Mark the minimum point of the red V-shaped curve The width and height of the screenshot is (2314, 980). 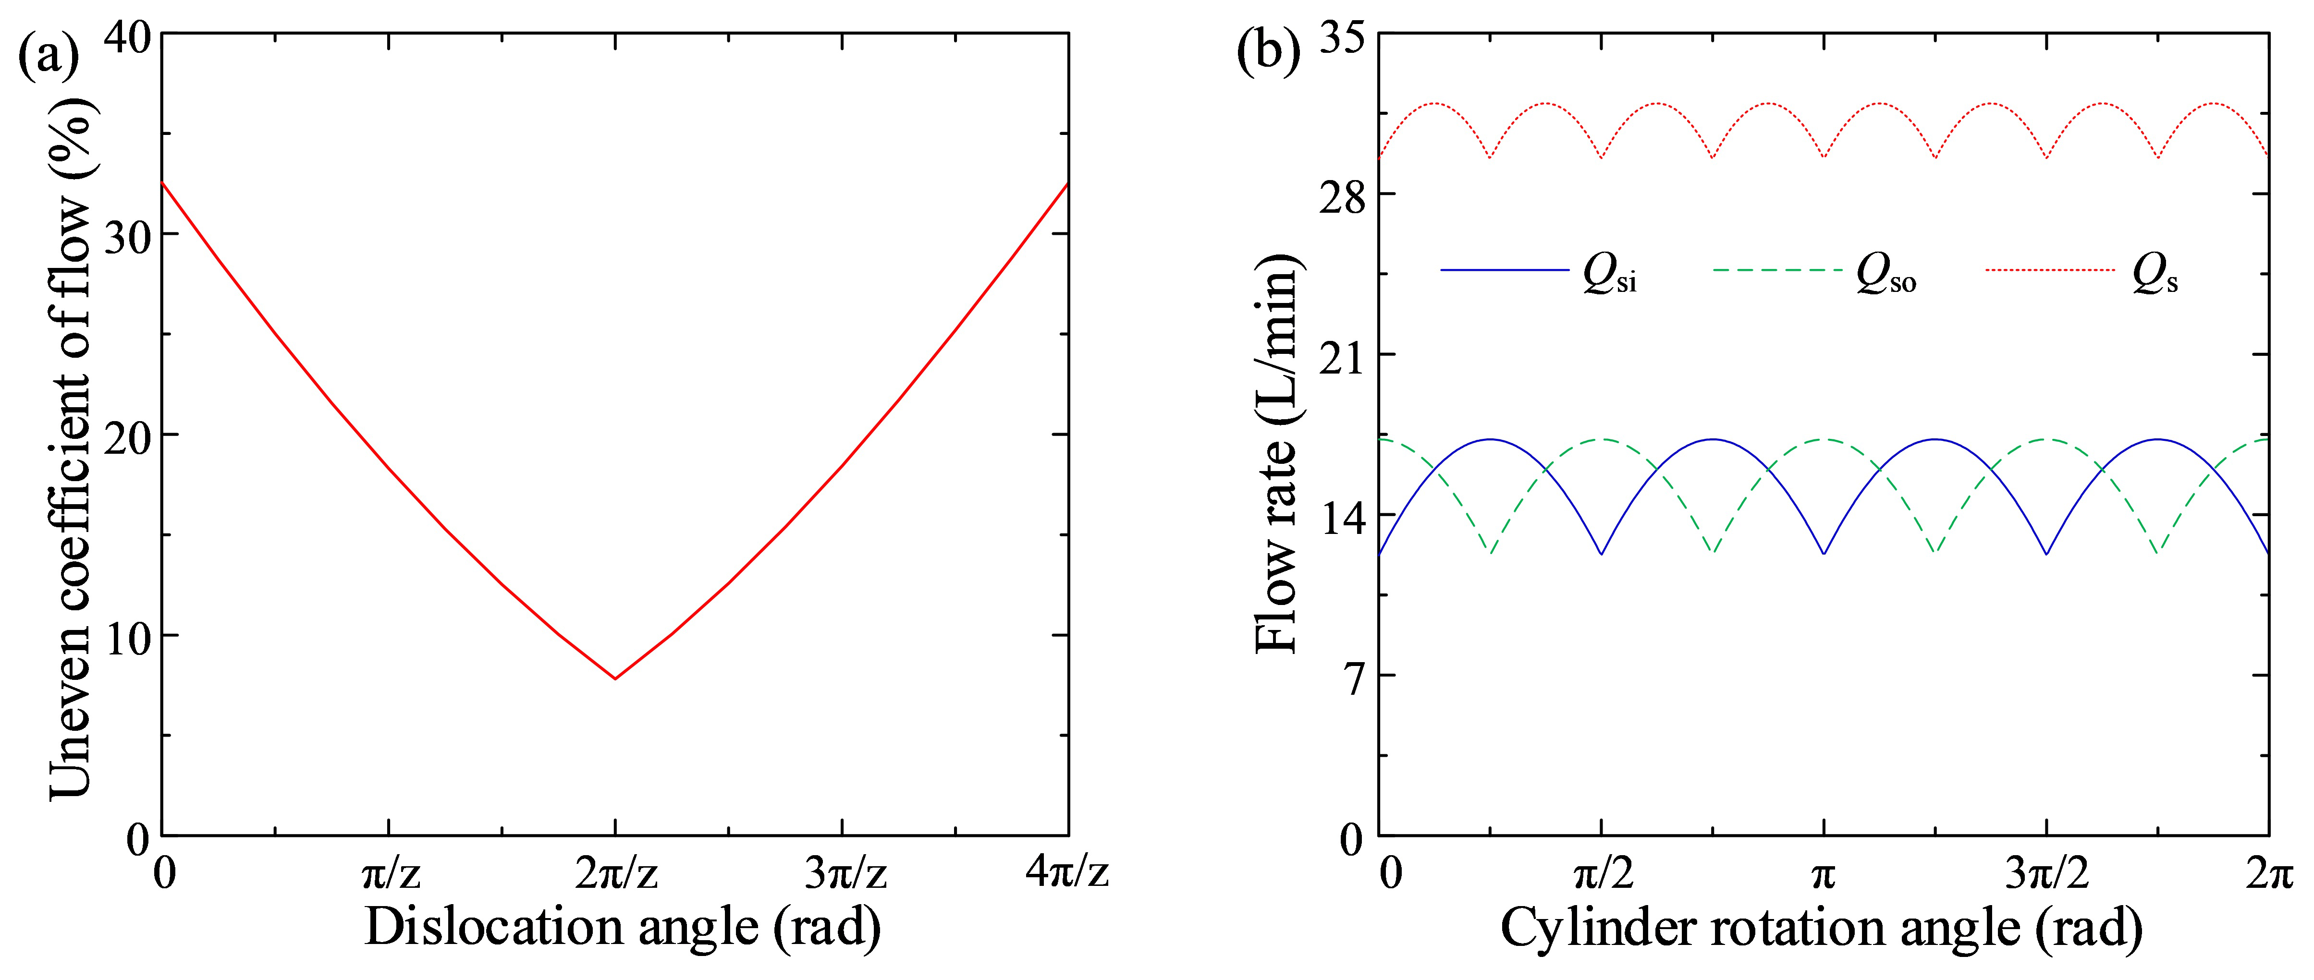pos(614,678)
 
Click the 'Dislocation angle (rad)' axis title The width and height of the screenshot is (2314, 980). pos(622,927)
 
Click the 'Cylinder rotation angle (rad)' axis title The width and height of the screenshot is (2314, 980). pos(1821,927)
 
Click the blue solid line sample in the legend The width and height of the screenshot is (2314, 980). pos(1505,269)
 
